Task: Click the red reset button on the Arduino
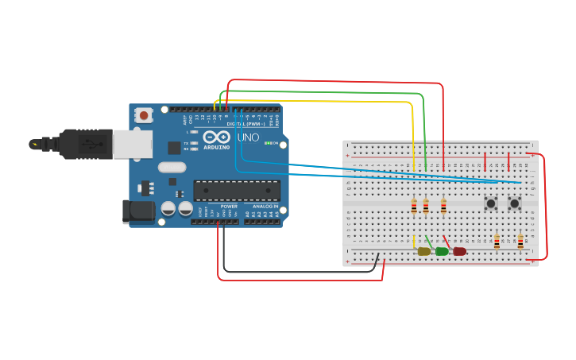(144, 115)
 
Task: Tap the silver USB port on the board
(133, 144)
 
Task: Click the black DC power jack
(138, 211)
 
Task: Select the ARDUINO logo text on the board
(216, 147)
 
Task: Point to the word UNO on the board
(249, 137)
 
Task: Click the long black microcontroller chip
(237, 191)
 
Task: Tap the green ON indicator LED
(269, 143)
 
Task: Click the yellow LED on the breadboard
(424, 251)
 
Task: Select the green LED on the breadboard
(442, 251)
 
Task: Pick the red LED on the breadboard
(459, 251)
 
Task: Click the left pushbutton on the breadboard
(491, 203)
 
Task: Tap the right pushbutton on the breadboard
(514, 203)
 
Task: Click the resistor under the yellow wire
(414, 207)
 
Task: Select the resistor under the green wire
(426, 207)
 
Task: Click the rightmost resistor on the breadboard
(520, 241)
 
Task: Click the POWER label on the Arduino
(229, 206)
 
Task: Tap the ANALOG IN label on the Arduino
(265, 206)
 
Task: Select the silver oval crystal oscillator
(172, 167)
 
